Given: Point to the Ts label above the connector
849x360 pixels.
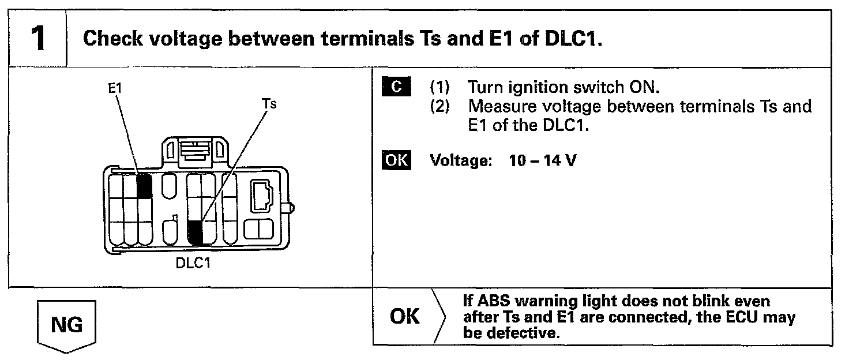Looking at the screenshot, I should tap(269, 104).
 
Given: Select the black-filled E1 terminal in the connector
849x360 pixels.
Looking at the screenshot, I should tap(144, 185).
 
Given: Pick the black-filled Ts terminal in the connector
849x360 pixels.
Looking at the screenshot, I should tap(196, 232).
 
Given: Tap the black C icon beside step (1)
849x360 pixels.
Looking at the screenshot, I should tap(396, 87).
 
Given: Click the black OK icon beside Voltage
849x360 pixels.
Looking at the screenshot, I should tap(396, 160).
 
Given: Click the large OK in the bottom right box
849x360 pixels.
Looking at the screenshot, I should tap(405, 317).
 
